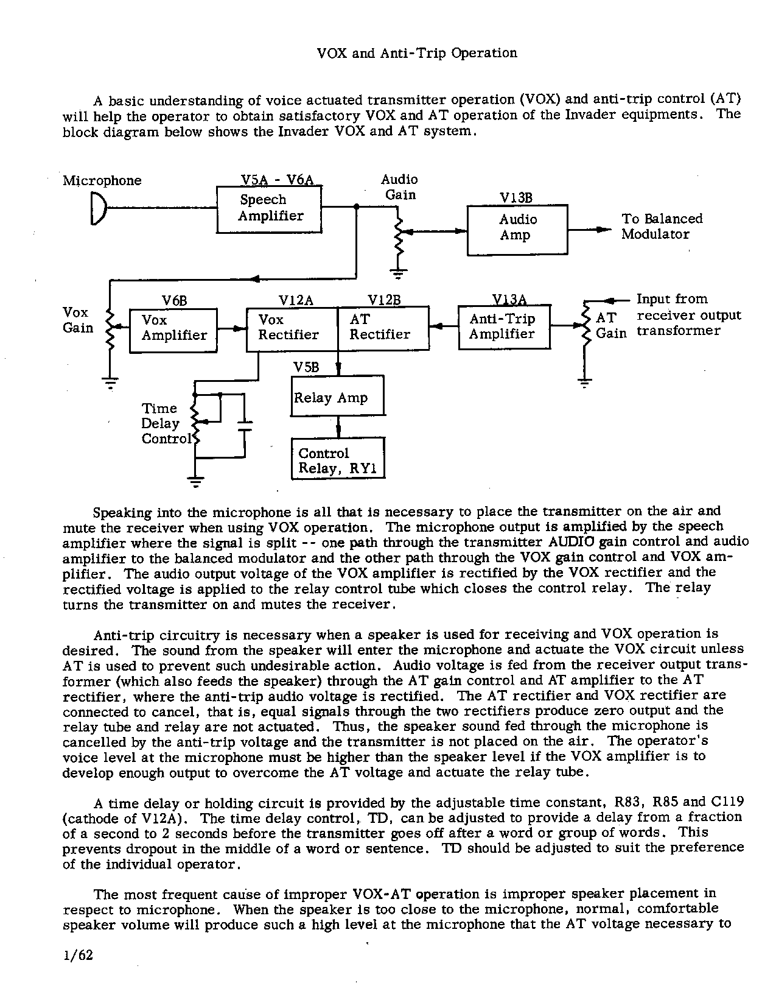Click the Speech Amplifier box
[269, 209]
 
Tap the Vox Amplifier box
[173, 330]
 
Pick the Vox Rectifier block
[292, 328]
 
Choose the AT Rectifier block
[383, 328]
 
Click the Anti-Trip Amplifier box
[504, 327]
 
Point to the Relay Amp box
[337, 397]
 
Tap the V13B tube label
[516, 198]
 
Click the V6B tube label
[174, 301]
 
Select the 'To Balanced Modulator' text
[661, 227]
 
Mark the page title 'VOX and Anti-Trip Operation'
[417, 53]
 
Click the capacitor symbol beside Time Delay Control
[244, 425]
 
